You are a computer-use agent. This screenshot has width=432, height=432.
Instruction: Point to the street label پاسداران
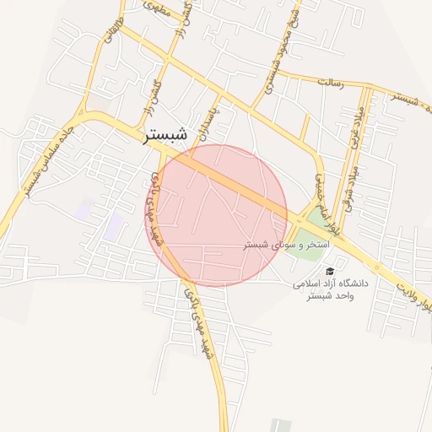tap(222, 119)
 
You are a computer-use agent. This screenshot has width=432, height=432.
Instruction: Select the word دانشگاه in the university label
tap(354, 284)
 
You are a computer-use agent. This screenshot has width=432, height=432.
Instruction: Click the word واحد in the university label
tap(345, 297)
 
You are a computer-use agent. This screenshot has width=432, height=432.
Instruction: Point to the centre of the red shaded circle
tap(216, 215)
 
